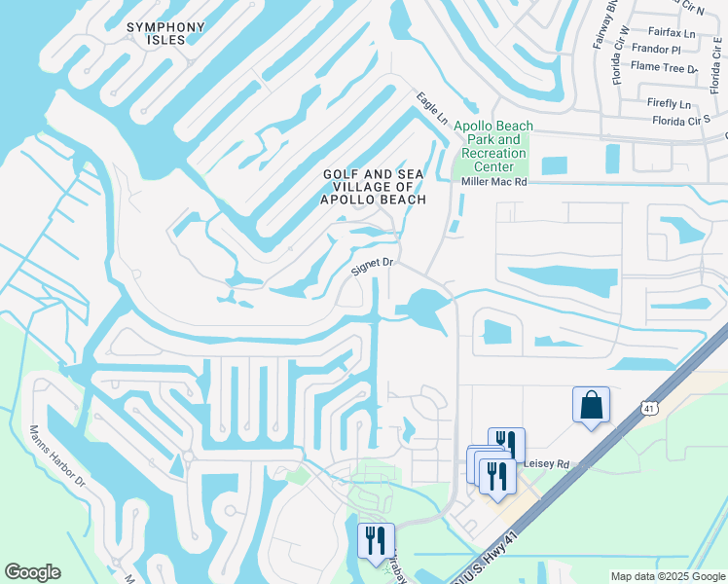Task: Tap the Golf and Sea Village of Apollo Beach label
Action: point(375,187)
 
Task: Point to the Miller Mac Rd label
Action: point(493,182)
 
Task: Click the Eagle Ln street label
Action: point(432,108)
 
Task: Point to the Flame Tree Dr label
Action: point(665,68)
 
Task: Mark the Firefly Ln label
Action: point(670,104)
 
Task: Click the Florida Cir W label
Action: point(619,58)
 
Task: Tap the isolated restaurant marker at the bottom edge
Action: point(376,541)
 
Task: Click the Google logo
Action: point(32,572)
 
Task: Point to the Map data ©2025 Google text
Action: point(667,576)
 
